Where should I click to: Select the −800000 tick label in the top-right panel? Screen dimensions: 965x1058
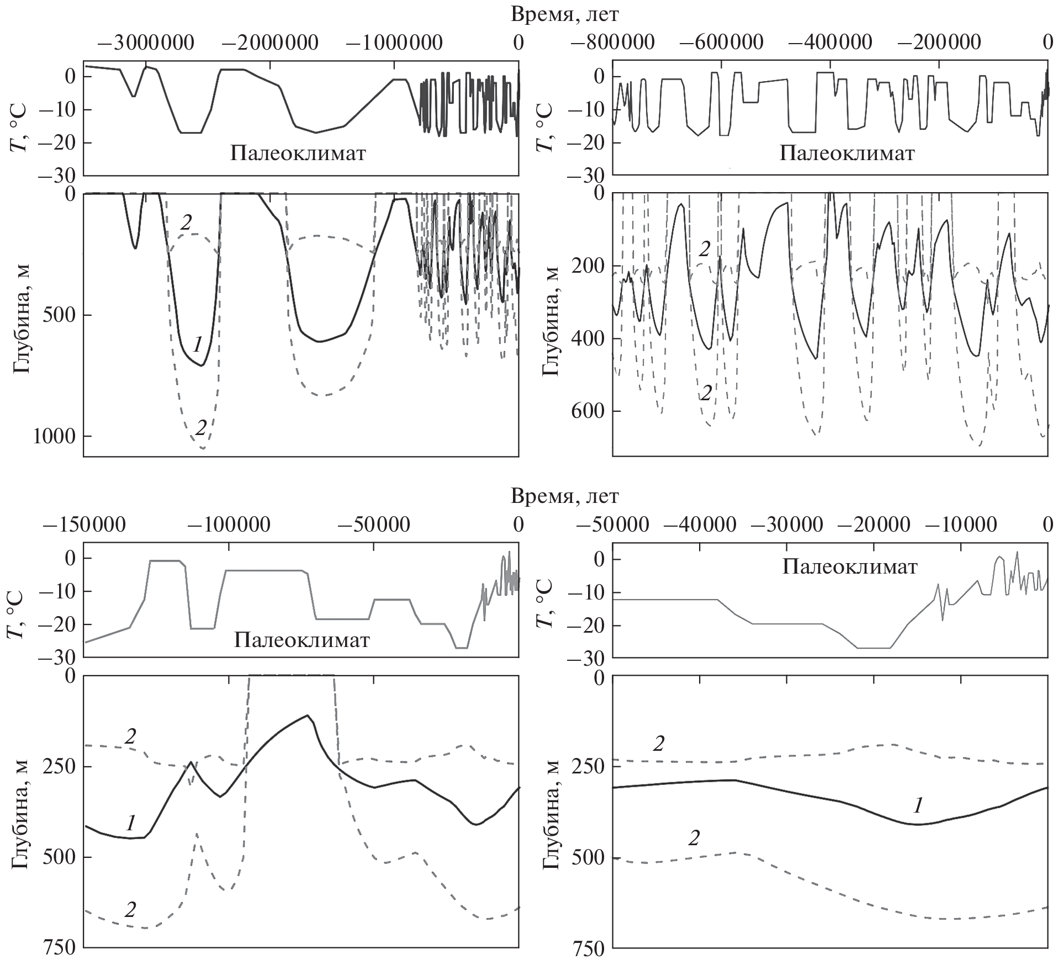coord(613,43)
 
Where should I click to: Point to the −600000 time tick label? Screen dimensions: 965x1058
coord(722,43)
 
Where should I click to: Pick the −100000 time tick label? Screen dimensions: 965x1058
coord(229,524)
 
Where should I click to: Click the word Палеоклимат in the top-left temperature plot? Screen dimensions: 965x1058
coord(298,153)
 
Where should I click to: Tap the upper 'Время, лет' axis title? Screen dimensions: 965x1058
coord(565,15)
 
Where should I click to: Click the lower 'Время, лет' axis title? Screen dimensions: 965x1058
coord(565,496)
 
